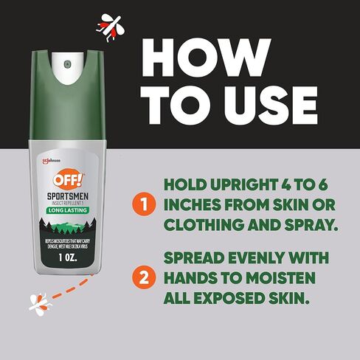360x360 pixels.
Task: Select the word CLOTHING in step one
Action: pos(197,224)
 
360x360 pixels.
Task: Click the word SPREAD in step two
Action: pos(192,259)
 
